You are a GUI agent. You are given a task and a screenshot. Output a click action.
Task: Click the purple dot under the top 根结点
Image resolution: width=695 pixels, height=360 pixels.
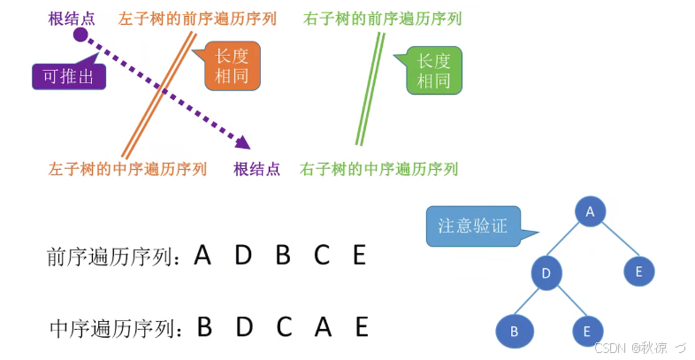[x=80, y=34]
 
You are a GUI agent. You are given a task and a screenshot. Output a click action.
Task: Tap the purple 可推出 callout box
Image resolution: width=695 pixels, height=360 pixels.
[x=69, y=76]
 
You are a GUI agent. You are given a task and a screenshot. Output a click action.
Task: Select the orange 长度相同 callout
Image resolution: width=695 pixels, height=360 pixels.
[x=233, y=67]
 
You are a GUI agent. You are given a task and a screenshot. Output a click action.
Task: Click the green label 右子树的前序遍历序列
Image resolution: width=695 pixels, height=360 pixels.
[x=381, y=17]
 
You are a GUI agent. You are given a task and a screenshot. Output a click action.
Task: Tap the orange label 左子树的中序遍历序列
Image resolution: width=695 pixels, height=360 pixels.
[x=127, y=168]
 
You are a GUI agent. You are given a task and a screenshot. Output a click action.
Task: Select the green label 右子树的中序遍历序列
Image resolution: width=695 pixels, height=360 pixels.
[x=379, y=168]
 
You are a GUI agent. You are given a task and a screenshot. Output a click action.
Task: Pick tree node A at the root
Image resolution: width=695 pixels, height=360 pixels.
[x=590, y=211]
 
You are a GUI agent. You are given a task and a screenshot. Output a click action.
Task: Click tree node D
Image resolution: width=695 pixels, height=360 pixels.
[x=546, y=272]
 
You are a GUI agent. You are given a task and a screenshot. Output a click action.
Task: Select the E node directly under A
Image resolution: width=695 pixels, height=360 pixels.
[x=638, y=271]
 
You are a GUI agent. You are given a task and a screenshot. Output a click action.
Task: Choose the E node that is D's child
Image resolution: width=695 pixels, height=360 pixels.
[x=585, y=333]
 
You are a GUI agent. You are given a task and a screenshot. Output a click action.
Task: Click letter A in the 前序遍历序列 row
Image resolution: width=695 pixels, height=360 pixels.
[x=202, y=256]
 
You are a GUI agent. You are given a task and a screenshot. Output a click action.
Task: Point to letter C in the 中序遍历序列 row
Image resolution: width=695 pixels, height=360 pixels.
[x=283, y=327]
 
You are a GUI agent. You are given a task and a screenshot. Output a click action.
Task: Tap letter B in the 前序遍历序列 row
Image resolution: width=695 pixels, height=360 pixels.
[x=283, y=256]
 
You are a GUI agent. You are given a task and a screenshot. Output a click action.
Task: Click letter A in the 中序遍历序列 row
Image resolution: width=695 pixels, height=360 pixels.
[x=323, y=327]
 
